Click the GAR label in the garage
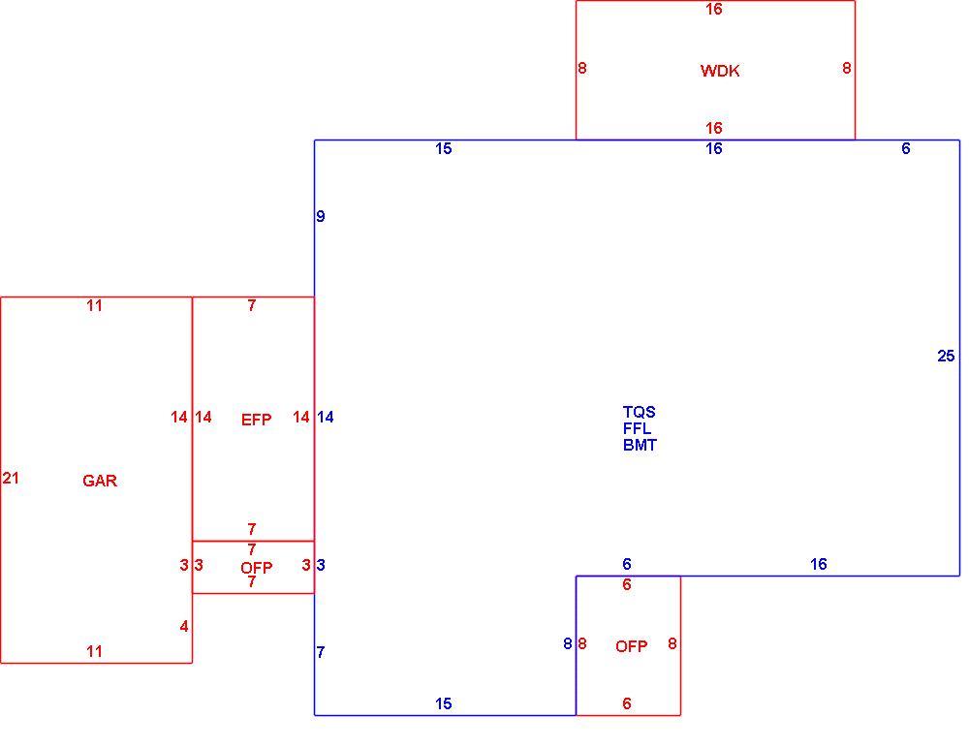click(100, 481)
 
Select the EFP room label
click(256, 420)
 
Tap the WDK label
click(720, 71)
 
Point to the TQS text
click(639, 412)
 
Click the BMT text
click(640, 445)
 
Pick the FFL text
click(637, 428)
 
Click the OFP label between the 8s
click(631, 646)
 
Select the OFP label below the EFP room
click(256, 567)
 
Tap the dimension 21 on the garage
click(11, 478)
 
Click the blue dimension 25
click(946, 356)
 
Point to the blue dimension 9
click(320, 216)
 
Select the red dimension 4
click(183, 627)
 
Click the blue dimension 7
click(320, 652)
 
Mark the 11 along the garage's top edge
click(94, 305)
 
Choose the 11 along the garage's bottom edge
click(94, 651)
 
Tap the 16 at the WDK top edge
click(714, 10)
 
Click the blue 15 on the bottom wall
click(443, 703)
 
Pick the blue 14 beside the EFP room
click(325, 418)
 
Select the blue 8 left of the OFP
click(567, 644)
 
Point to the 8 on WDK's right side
click(846, 68)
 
